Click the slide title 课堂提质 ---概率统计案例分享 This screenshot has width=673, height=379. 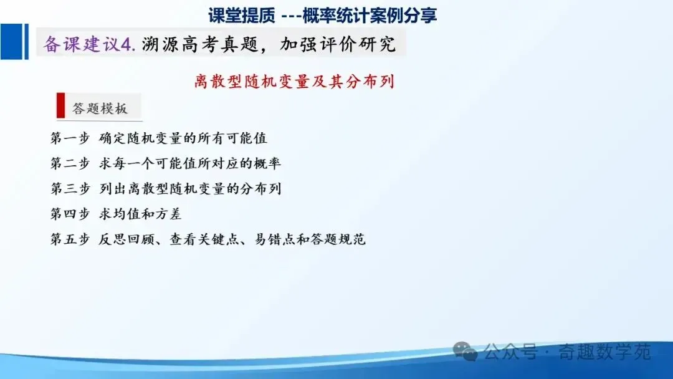pyautogui.click(x=322, y=16)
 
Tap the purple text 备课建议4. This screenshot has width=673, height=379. pyautogui.click(x=89, y=44)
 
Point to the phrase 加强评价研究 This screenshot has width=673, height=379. pyautogui.click(x=337, y=44)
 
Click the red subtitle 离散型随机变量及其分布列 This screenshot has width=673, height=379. pyautogui.click(x=294, y=81)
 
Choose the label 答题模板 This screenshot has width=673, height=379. pyautogui.click(x=100, y=108)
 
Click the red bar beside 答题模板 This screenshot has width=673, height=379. pyautogui.click(x=60, y=105)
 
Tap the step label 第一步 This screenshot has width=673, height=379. pyautogui.click(x=70, y=138)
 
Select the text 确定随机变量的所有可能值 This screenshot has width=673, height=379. pyautogui.click(x=183, y=138)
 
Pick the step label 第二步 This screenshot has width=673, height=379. pyautogui.click(x=70, y=163)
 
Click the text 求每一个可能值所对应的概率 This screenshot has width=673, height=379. pyautogui.click(x=189, y=163)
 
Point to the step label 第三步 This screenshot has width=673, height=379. pyautogui.click(x=70, y=188)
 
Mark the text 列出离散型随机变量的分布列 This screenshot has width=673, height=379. pyautogui.click(x=189, y=188)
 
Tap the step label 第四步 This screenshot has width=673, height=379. pyautogui.click(x=70, y=214)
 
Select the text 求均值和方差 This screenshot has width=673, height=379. pyautogui.click(x=140, y=214)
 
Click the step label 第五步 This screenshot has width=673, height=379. pyautogui.click(x=70, y=239)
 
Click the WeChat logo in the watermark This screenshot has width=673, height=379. pyautogui.click(x=465, y=351)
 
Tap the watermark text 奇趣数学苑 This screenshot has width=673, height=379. pyautogui.click(x=604, y=352)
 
